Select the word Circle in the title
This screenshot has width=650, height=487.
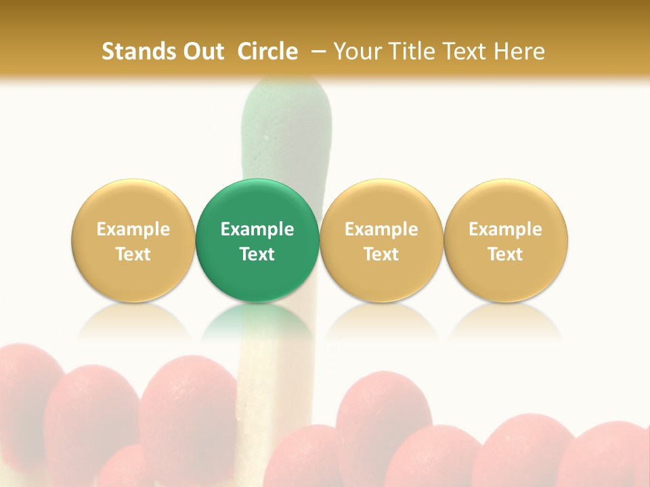tap(267, 51)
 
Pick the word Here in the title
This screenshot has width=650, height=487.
tap(519, 51)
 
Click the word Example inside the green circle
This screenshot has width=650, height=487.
tap(257, 229)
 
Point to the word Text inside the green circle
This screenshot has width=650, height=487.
tap(257, 254)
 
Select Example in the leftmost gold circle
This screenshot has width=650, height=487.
tap(133, 229)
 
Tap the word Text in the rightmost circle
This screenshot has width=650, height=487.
tap(506, 254)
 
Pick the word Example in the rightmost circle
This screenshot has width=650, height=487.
tap(506, 229)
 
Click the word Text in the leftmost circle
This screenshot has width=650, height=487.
tap(133, 254)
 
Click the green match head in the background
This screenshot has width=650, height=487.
tap(286, 129)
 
